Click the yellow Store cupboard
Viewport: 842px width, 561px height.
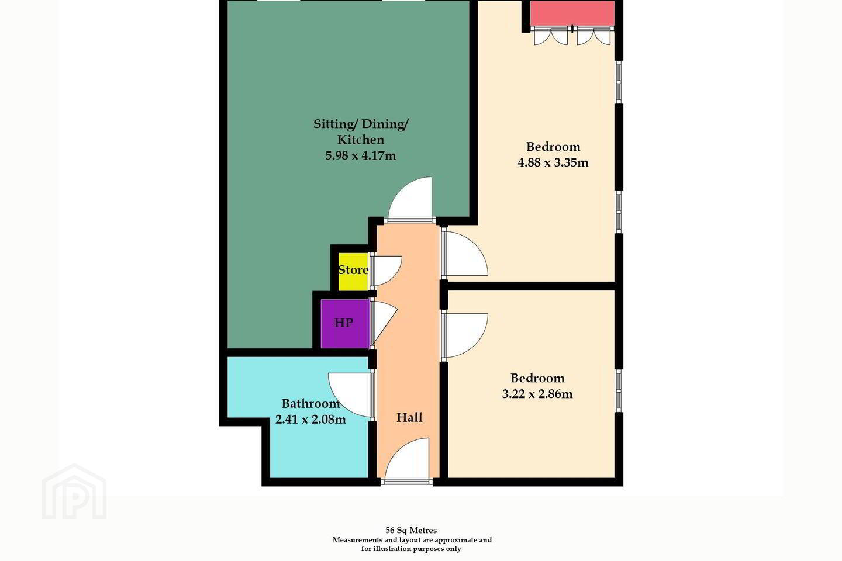pyautogui.click(x=353, y=272)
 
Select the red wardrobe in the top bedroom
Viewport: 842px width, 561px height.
pyautogui.click(x=572, y=13)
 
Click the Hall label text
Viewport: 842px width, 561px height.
pyautogui.click(x=409, y=417)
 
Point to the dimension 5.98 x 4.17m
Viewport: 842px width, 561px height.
pyautogui.click(x=360, y=155)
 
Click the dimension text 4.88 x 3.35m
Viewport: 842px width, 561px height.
pyautogui.click(x=553, y=162)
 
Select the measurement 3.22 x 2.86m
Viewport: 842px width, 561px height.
pyautogui.click(x=537, y=394)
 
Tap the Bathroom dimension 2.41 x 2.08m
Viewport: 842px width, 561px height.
pyautogui.click(x=310, y=420)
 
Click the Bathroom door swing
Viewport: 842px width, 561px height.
pyautogui.click(x=350, y=394)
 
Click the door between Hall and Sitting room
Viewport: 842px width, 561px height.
pyautogui.click(x=411, y=200)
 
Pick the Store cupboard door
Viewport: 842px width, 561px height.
pyautogui.click(x=387, y=271)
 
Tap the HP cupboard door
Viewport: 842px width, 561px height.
pyautogui.click(x=384, y=324)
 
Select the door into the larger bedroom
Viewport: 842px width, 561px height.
pyautogui.click(x=465, y=254)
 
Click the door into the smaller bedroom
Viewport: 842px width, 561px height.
pyautogui.click(x=465, y=335)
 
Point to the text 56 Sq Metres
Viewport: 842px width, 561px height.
pyautogui.click(x=411, y=530)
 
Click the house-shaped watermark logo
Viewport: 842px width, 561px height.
pyautogui.click(x=74, y=491)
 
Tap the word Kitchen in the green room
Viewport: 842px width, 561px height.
pyautogui.click(x=360, y=140)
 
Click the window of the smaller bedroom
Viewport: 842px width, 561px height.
pyautogui.click(x=619, y=390)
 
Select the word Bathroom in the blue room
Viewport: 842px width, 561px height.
pyautogui.click(x=310, y=404)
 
